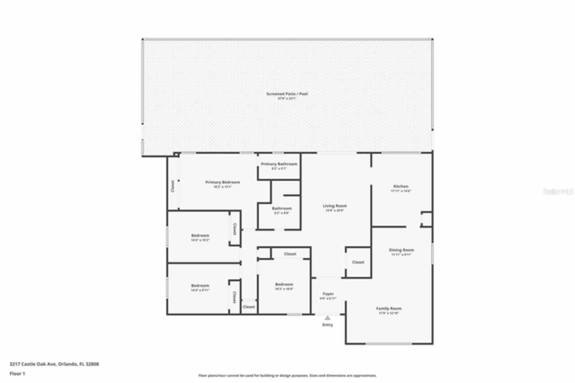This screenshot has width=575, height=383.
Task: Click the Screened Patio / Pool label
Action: point(287,94)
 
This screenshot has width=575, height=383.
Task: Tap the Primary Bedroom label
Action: point(222,182)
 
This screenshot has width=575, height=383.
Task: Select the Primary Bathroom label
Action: point(279,164)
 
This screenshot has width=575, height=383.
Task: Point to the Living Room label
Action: point(335,206)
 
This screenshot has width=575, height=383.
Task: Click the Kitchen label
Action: point(401,186)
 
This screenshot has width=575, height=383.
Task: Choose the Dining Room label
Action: point(401,250)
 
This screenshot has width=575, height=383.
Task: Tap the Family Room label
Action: point(389,308)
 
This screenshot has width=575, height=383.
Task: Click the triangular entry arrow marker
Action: point(327,318)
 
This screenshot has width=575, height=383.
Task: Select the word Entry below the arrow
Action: point(327,325)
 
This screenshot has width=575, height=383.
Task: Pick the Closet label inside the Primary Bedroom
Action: point(172,186)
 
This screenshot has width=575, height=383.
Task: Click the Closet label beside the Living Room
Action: point(358,262)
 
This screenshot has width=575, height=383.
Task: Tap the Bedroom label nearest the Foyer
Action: point(284,284)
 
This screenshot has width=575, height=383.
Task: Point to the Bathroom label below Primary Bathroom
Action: point(282,208)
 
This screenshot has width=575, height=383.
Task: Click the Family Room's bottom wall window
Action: point(389,344)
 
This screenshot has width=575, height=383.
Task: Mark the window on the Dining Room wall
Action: point(432,254)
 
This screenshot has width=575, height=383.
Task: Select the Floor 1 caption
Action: point(18,374)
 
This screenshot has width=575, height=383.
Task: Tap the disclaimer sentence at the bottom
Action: point(287,375)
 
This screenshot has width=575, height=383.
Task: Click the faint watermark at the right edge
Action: point(558,191)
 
